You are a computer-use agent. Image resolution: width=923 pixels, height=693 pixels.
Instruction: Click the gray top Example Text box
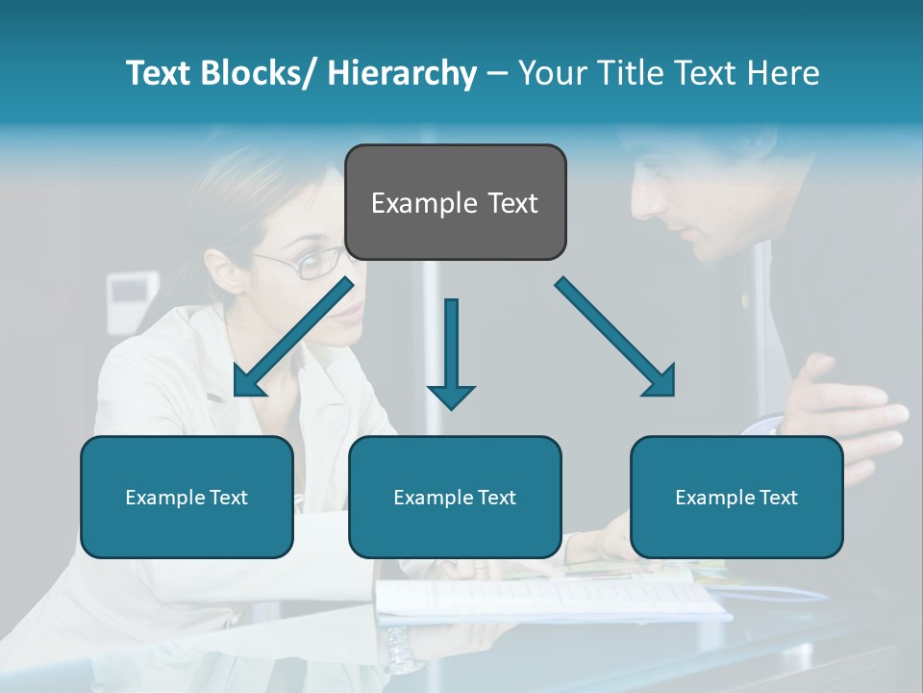(x=455, y=202)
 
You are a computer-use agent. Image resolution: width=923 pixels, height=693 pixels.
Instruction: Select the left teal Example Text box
(x=187, y=497)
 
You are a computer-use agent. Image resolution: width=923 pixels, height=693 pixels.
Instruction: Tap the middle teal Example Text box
(x=455, y=497)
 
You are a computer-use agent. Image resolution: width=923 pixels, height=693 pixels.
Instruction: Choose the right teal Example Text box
(x=736, y=497)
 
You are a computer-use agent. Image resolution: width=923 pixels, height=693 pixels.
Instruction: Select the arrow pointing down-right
(x=616, y=337)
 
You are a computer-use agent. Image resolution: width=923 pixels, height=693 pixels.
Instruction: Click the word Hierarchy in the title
(x=402, y=73)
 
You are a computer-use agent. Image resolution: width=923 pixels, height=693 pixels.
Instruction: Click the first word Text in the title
(x=160, y=73)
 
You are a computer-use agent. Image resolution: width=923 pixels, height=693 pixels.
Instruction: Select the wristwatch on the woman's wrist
(x=402, y=651)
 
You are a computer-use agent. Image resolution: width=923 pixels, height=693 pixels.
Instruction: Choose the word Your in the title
(x=552, y=73)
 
